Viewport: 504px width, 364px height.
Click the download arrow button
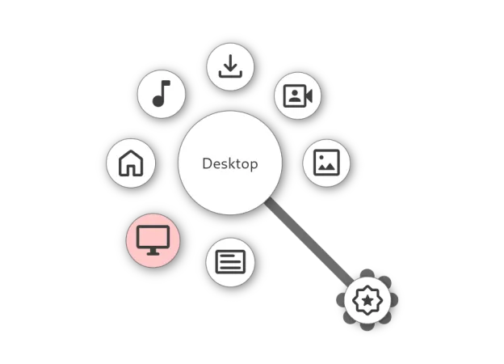point(230,66)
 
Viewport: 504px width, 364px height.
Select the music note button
point(162,94)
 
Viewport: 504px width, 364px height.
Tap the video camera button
point(298,95)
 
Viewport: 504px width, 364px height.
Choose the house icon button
point(131,163)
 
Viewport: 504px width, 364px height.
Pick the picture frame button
point(326,163)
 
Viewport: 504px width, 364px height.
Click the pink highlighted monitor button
point(153,240)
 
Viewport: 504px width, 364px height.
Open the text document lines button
point(230,262)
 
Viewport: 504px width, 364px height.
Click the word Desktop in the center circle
point(230,164)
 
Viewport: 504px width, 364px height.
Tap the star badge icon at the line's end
point(367,300)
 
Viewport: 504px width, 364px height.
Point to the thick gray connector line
point(309,242)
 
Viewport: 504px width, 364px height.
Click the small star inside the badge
point(367,301)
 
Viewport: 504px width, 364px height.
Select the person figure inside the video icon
point(295,96)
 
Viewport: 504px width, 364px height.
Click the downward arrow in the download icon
point(230,63)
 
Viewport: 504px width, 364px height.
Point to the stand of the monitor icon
point(153,252)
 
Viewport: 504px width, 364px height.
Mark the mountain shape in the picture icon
point(327,167)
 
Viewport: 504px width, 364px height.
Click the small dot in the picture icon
point(321,157)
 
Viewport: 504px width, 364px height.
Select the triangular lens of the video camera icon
point(309,96)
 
